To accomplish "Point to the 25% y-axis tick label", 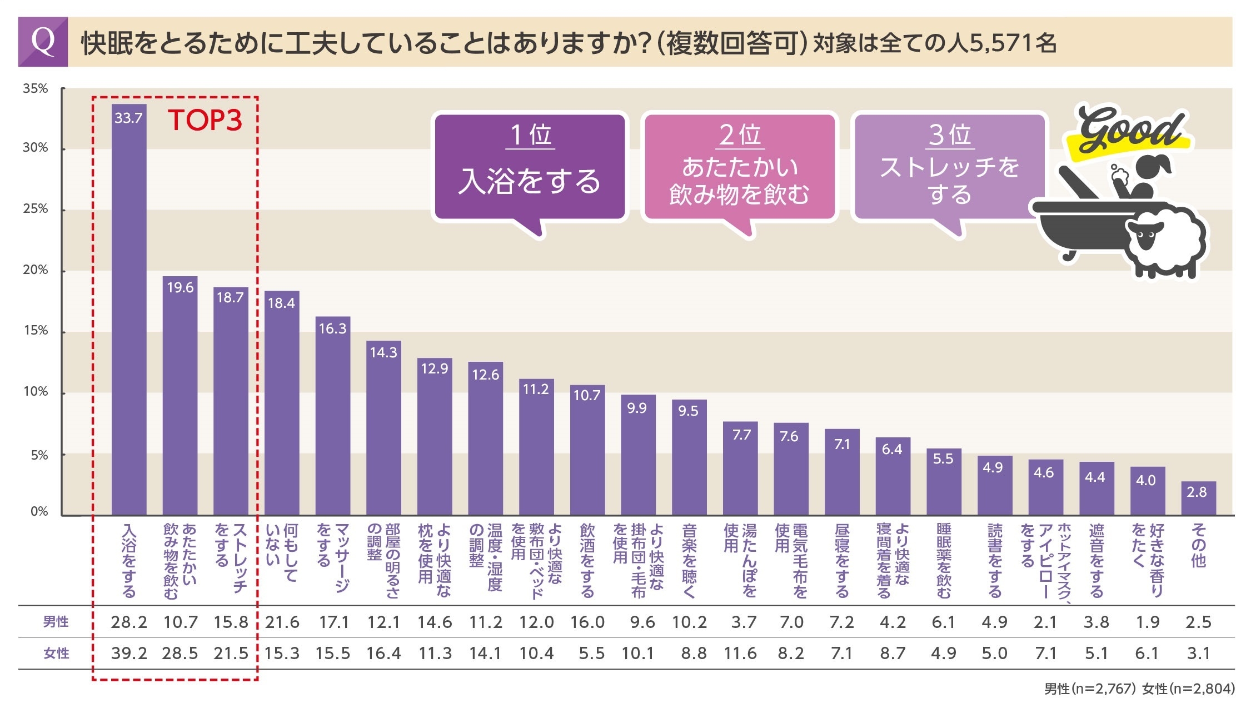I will click(x=36, y=209).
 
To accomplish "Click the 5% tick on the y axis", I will click(x=39, y=455).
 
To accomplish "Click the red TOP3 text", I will click(x=205, y=120).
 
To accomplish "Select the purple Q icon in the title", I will click(x=43, y=42).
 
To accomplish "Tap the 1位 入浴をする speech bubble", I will click(x=530, y=167).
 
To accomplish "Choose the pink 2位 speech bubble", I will click(x=739, y=167).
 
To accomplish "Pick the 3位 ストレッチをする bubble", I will click(x=949, y=167).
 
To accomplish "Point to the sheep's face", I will click(x=1145, y=236).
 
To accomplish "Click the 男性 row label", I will click(x=56, y=622).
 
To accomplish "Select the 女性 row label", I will click(x=56, y=654).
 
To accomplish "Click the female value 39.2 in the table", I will click(x=129, y=654).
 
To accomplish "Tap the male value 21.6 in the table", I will click(x=282, y=622).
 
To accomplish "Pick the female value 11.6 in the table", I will click(x=740, y=654).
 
